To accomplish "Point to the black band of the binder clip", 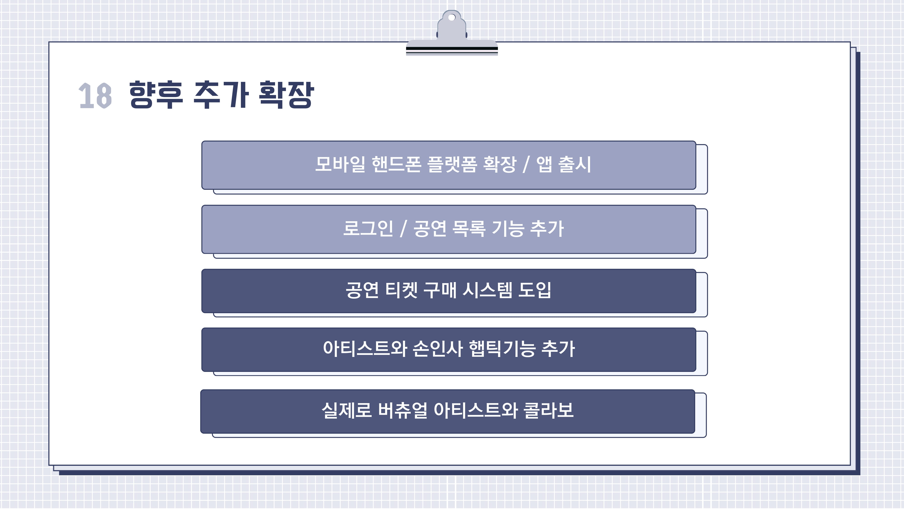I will tap(452, 48).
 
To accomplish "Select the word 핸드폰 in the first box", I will tap(396, 164).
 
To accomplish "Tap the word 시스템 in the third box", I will tap(487, 290).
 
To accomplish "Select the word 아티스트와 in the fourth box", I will tap(364, 349).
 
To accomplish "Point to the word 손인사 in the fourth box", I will tap(437, 349).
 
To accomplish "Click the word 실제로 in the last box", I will tap(346, 410).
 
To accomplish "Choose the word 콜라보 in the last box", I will tap(549, 410).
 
